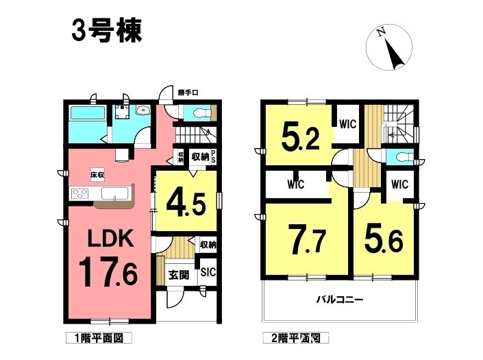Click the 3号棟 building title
tap(107, 30)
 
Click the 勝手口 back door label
tap(188, 93)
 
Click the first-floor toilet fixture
tap(200, 113)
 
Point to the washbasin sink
tap(143, 110)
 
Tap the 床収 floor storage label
tap(97, 175)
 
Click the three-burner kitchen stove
tap(79, 194)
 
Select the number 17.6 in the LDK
tap(108, 272)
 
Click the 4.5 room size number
tap(186, 204)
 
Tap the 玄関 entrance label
tap(179, 274)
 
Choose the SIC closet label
tap(208, 272)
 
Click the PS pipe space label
tap(213, 157)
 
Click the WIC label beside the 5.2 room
tap(348, 124)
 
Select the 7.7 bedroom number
tap(307, 239)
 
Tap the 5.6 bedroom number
tap(384, 239)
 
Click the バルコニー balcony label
tap(340, 299)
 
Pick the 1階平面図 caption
tap(99, 338)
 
